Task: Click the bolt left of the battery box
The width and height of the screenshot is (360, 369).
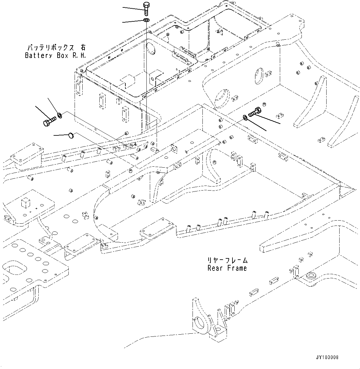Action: [x=49, y=121]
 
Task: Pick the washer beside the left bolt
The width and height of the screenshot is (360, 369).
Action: [x=60, y=116]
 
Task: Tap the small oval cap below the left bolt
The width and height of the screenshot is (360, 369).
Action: [x=71, y=135]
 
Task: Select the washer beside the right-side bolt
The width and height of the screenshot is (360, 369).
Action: [x=245, y=117]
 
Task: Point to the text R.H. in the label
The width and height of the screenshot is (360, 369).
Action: [x=79, y=55]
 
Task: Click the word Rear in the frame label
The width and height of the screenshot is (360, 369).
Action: [x=215, y=268]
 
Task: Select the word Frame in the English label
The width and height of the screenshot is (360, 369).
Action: [x=237, y=268]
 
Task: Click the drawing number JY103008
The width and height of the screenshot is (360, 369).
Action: [x=327, y=357]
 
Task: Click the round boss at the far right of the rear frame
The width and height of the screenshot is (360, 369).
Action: [x=311, y=276]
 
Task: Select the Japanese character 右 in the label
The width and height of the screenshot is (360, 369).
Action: [x=82, y=48]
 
